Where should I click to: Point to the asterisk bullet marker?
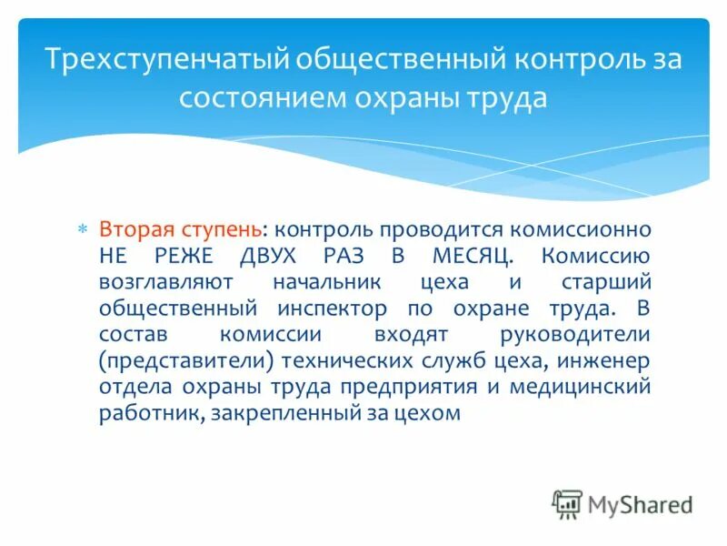click(81, 229)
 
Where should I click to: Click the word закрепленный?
click(284, 413)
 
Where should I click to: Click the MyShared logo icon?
click(567, 503)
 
